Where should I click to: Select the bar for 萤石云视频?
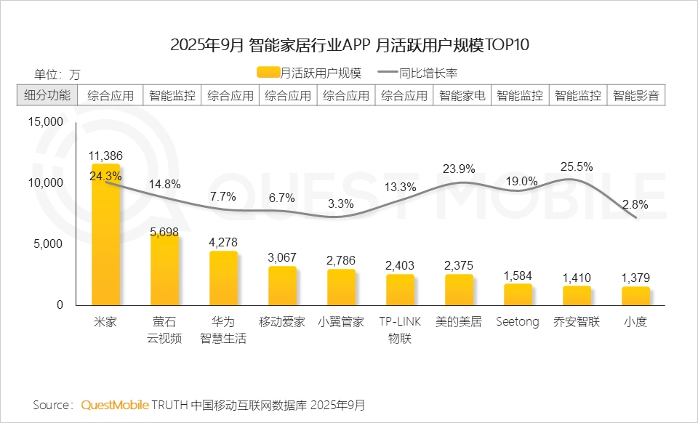tap(164, 270)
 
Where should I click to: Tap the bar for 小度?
tap(635, 296)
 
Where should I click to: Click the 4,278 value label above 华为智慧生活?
tap(223, 242)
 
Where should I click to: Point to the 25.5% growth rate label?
tap(577, 166)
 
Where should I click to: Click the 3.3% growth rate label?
tap(341, 204)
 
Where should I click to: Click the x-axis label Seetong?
tap(518, 322)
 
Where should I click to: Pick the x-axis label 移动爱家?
tap(282, 322)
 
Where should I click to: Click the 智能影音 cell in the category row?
tap(636, 95)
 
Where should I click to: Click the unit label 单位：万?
tap(57, 74)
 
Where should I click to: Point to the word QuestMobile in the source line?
tap(115, 404)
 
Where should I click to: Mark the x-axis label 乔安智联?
tap(577, 322)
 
